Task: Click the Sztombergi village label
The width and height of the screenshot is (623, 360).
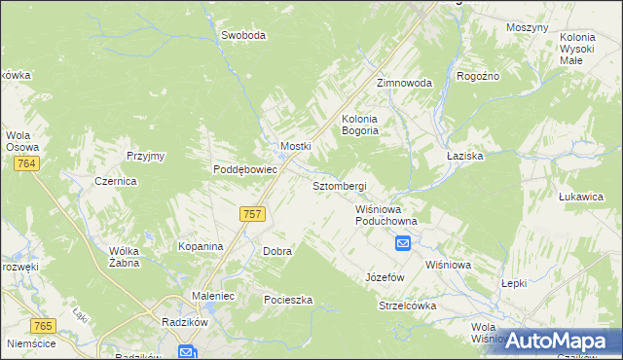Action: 339,186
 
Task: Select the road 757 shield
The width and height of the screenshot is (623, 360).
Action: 252,213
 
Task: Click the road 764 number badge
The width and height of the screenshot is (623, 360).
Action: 26,164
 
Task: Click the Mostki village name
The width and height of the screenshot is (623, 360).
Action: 295,146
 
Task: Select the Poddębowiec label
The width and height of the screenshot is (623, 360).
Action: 246,168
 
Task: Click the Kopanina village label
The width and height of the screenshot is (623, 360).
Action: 201,247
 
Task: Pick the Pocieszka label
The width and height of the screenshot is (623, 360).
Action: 288,300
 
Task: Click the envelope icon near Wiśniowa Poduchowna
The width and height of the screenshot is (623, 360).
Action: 402,243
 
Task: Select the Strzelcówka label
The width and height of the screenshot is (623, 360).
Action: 407,306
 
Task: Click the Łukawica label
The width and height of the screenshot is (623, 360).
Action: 581,197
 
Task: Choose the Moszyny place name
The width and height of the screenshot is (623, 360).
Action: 528,27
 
